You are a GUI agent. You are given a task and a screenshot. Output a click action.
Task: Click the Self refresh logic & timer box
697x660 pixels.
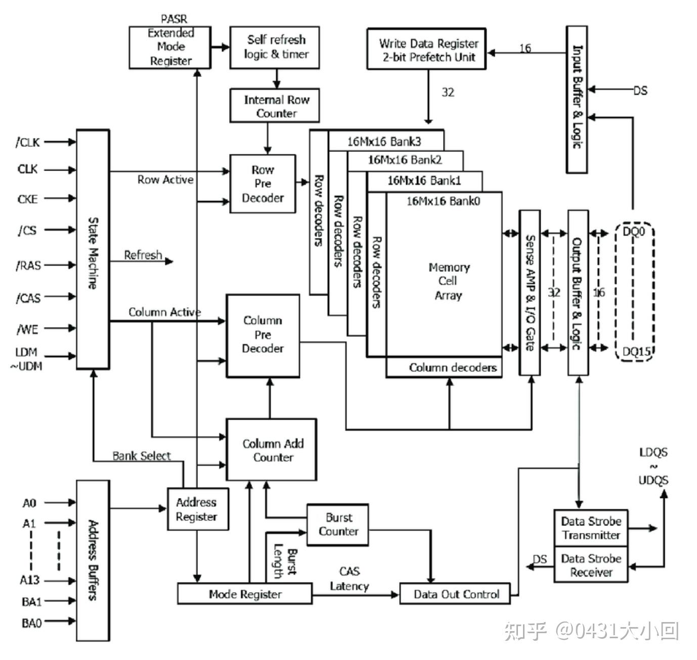(275, 47)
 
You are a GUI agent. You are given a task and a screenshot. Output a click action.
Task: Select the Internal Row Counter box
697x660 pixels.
(275, 105)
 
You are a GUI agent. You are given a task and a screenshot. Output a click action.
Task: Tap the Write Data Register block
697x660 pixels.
(426, 49)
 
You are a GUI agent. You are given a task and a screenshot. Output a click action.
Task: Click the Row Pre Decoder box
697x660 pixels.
(263, 183)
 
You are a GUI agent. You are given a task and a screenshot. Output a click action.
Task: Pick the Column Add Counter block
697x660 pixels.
(272, 449)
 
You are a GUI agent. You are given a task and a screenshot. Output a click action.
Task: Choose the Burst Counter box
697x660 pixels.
(337, 524)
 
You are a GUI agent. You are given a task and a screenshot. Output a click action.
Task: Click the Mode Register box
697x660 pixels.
(245, 594)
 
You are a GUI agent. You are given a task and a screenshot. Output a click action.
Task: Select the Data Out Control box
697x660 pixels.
(455, 594)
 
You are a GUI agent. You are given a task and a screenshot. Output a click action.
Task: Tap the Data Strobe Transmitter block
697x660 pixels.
(591, 528)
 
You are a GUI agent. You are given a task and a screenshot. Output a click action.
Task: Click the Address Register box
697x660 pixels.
(198, 509)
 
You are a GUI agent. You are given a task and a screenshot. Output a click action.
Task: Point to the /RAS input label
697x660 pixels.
(28, 265)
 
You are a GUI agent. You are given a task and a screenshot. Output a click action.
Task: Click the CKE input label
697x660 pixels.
(28, 199)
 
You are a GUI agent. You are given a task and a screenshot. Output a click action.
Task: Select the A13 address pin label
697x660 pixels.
(29, 580)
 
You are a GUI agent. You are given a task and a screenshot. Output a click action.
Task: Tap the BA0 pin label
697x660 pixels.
(31, 623)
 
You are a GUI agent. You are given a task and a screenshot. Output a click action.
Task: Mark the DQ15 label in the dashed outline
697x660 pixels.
(636, 351)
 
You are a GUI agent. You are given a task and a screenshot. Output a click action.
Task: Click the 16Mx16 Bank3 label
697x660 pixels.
(384, 142)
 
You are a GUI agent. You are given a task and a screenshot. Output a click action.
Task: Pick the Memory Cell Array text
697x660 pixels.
(449, 281)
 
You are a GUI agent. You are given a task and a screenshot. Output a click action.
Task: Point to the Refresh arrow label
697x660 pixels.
(143, 255)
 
